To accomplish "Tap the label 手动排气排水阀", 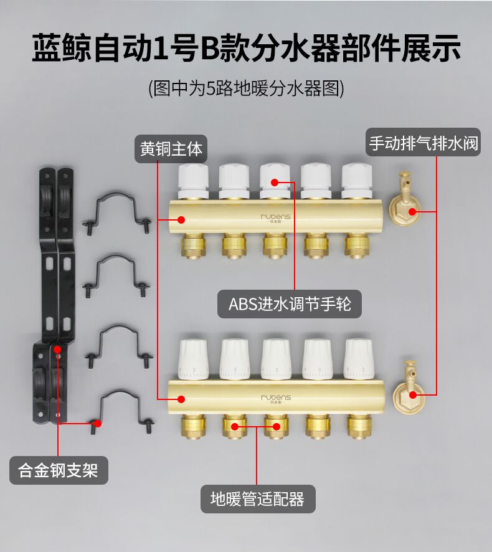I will click(x=424, y=143).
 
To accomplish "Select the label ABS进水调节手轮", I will click(x=290, y=305).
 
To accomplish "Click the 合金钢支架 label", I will click(x=59, y=470).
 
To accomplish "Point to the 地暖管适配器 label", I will click(x=257, y=499).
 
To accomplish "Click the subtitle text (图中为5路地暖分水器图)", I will click(x=246, y=88).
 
